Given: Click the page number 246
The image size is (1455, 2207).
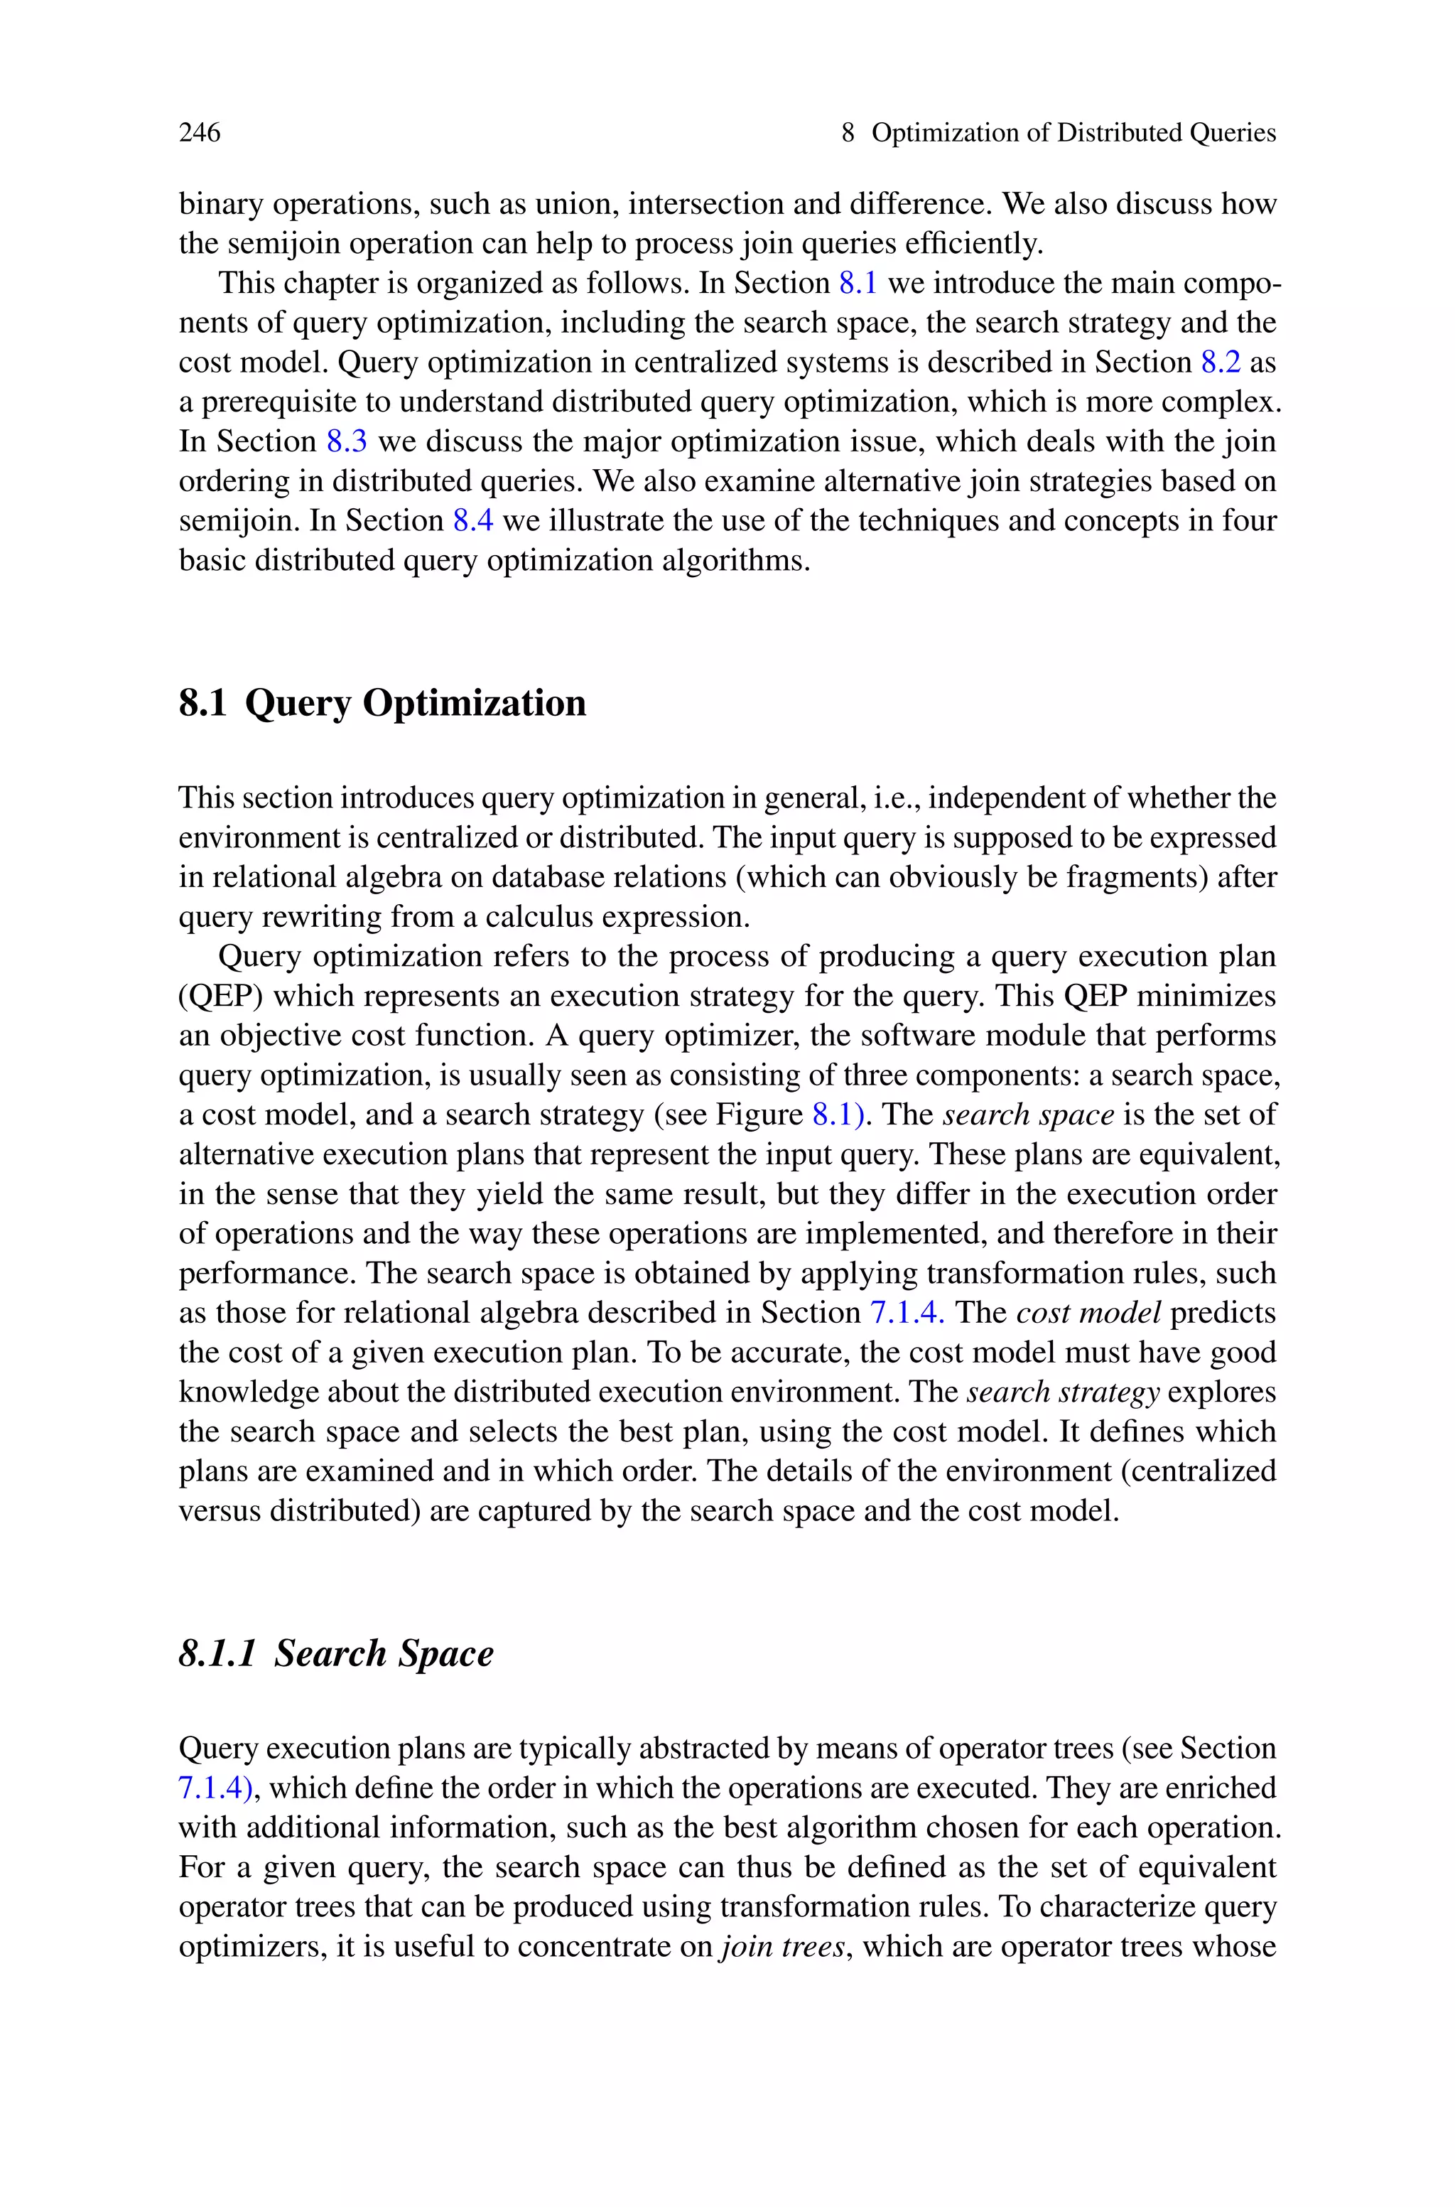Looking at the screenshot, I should pyautogui.click(x=200, y=133).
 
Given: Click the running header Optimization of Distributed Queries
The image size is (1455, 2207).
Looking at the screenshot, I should pyautogui.click(x=1073, y=133).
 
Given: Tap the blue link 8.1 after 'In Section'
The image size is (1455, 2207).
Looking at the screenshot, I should pyautogui.click(x=858, y=283).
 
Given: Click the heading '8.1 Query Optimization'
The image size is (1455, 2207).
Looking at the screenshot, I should pyautogui.click(x=382, y=702).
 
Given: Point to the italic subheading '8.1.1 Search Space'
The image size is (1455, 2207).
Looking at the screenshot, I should pyautogui.click(x=336, y=1653).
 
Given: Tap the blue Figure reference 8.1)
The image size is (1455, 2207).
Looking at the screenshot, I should pyautogui.click(x=839, y=1115).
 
